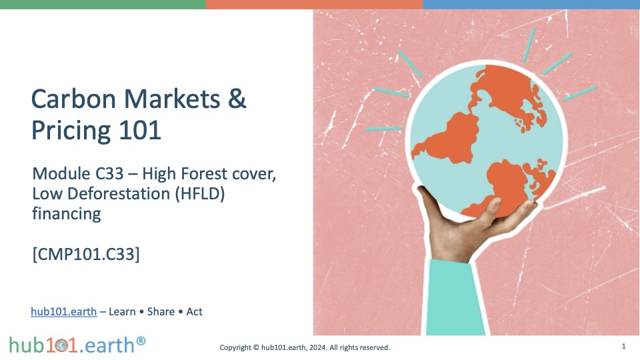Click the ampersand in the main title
tap(237, 99)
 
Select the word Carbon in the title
tap(74, 99)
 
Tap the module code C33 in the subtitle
tap(109, 174)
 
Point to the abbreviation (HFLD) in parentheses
tap(200, 194)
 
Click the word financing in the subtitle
tap(67, 214)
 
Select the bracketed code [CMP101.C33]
tap(86, 254)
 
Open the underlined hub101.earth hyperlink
tap(64, 311)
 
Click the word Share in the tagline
tap(161, 311)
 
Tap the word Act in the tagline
tap(194, 311)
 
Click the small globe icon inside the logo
tap(62, 346)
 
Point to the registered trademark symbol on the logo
tap(141, 341)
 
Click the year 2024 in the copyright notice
tap(318, 347)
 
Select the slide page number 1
tap(624, 346)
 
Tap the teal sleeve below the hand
tap(454, 298)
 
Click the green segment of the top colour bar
tap(103, 5)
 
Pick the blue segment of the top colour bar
tap(531, 5)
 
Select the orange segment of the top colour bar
tap(314, 5)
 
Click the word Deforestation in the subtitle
tap(119, 194)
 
